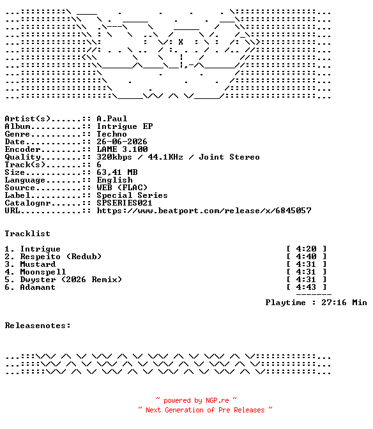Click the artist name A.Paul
112,119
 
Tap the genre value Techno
112,134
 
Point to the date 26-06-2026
122,142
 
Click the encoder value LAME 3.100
122,149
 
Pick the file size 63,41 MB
117,172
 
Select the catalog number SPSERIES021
125,203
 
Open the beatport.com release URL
204,211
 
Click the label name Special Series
132,195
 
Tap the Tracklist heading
27,234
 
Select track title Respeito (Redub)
61,257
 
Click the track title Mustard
38,264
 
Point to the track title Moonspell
43,272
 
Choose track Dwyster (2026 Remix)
71,280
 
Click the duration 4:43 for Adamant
306,287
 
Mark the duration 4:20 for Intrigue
306,249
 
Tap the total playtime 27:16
334,303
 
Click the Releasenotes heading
38,326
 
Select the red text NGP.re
217,400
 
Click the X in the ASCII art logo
181,42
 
